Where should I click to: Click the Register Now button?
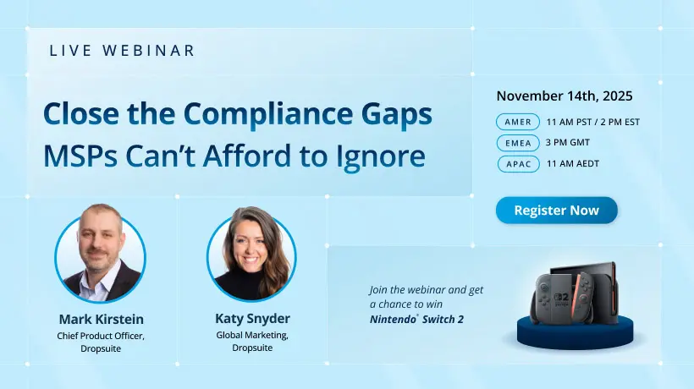[x=556, y=211]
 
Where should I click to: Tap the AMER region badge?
[x=517, y=122]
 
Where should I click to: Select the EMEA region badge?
[x=517, y=143]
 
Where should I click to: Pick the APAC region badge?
[x=517, y=164]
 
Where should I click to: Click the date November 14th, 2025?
[x=564, y=96]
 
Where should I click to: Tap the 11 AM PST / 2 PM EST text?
[x=592, y=122]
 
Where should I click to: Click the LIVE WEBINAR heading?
[x=122, y=51]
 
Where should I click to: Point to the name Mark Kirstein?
[x=101, y=319]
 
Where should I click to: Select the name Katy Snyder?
[x=251, y=319]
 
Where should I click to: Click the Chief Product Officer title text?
[x=101, y=336]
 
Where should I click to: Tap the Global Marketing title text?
[x=251, y=336]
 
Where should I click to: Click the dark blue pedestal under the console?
[x=572, y=335]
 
